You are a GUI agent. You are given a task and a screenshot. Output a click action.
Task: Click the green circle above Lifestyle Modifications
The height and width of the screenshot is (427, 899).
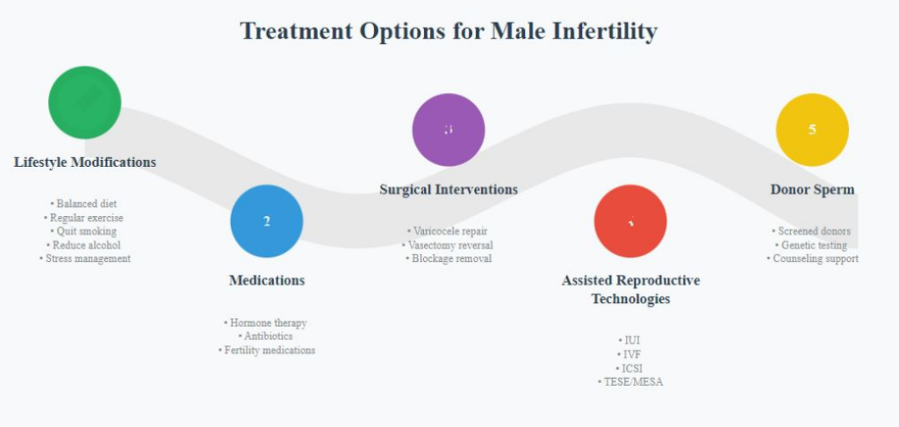(x=84, y=102)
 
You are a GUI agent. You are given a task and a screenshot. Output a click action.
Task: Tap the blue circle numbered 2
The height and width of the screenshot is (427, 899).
(x=267, y=221)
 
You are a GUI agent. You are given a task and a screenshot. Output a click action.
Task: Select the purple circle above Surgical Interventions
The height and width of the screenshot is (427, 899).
(x=449, y=130)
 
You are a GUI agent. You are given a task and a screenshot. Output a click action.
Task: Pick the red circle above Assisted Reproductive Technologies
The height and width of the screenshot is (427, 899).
(x=630, y=221)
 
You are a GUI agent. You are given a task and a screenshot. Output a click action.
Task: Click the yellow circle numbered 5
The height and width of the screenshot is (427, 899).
(x=812, y=130)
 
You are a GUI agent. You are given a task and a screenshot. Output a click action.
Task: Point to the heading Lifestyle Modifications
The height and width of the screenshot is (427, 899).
(x=85, y=163)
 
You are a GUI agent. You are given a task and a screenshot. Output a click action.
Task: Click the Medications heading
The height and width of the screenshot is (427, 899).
(x=267, y=280)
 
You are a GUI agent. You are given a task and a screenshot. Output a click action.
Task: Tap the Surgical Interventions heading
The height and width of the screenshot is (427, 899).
(x=449, y=189)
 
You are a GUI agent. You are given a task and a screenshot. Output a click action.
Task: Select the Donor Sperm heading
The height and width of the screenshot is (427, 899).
(x=812, y=189)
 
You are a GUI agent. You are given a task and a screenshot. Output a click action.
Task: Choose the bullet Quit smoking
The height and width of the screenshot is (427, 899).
(x=86, y=231)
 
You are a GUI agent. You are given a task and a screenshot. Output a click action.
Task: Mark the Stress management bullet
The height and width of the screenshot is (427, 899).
(x=86, y=258)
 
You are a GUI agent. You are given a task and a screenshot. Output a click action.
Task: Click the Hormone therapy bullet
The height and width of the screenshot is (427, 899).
(x=267, y=322)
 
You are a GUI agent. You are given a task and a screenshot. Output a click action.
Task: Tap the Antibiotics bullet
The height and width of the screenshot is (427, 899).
(x=267, y=336)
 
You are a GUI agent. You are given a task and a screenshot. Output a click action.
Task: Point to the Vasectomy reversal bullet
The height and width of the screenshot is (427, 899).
(x=449, y=245)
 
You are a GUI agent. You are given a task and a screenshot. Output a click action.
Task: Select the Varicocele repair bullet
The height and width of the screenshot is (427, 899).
(x=449, y=231)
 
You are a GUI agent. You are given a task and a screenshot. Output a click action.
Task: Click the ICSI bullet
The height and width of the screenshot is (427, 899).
(x=630, y=368)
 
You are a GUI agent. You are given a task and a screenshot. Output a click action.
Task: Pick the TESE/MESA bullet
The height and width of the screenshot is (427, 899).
(x=630, y=381)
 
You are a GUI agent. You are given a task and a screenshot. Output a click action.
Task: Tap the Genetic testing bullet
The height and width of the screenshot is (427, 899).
(x=812, y=245)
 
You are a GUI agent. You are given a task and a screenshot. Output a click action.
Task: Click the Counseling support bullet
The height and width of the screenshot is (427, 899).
(x=812, y=258)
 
